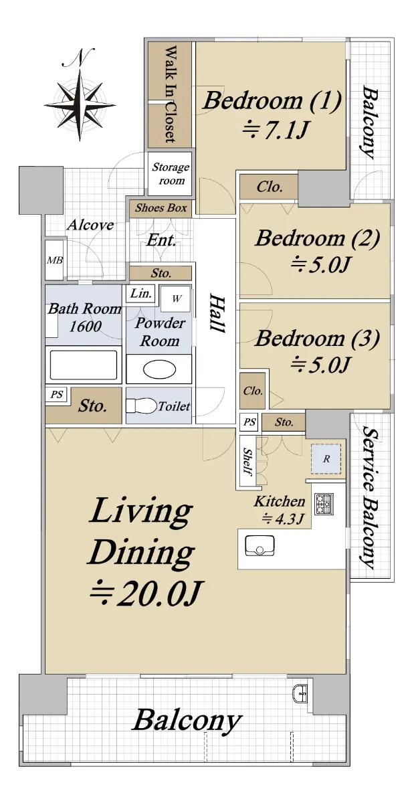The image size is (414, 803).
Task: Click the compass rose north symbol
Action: (80, 95)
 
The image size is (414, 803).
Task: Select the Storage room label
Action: (171, 173)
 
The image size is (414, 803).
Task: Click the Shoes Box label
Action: (161, 208)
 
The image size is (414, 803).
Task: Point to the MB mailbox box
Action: (54, 260)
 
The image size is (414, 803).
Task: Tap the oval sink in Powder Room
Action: (159, 370)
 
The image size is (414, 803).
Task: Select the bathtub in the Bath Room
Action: (84, 365)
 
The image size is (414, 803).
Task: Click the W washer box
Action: (175, 298)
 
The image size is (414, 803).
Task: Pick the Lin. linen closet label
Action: (140, 293)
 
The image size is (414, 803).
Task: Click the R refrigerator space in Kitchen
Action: (326, 458)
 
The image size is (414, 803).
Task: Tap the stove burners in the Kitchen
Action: (324, 504)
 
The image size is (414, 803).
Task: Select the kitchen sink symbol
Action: (260, 545)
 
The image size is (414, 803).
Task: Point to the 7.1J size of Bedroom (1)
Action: (275, 129)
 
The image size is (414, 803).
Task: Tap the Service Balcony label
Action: (369, 497)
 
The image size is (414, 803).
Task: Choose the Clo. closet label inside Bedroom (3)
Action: (253, 390)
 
